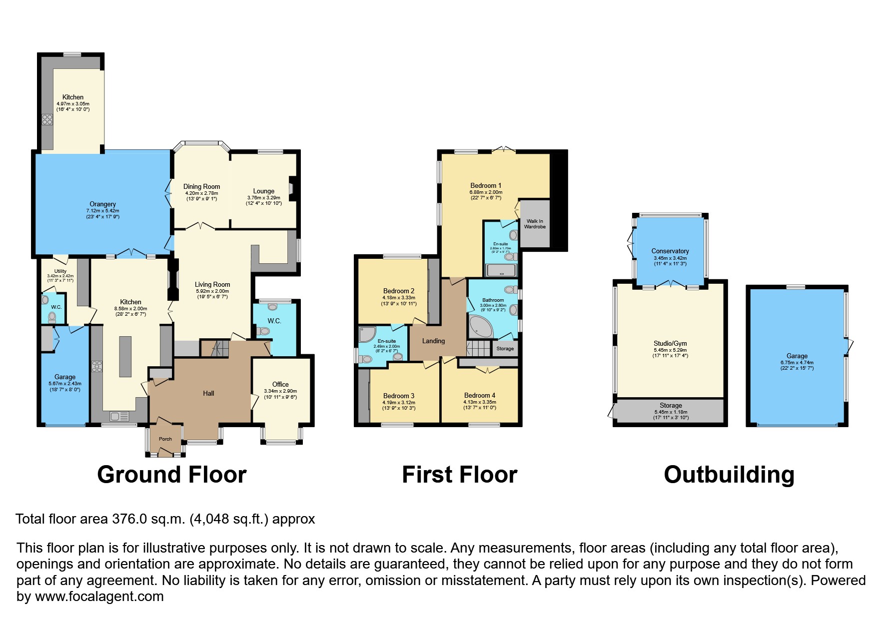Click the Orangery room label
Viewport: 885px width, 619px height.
point(102,204)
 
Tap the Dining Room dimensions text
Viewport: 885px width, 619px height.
point(201,196)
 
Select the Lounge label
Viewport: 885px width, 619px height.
point(263,191)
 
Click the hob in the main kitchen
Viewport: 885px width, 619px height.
point(97,367)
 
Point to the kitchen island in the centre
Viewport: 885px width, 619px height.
point(125,356)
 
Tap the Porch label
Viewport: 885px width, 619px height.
point(165,439)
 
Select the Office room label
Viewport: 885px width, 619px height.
point(280,384)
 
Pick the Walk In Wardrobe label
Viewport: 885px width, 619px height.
point(535,224)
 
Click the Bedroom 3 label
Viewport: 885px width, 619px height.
point(398,396)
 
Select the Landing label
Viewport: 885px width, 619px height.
point(433,341)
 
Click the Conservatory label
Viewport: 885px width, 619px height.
point(670,251)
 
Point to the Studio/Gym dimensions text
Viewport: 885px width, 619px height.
point(670,353)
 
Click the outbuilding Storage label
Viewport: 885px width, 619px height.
point(671,406)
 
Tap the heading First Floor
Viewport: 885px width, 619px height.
point(459,475)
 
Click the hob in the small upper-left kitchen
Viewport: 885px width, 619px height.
point(47,119)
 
